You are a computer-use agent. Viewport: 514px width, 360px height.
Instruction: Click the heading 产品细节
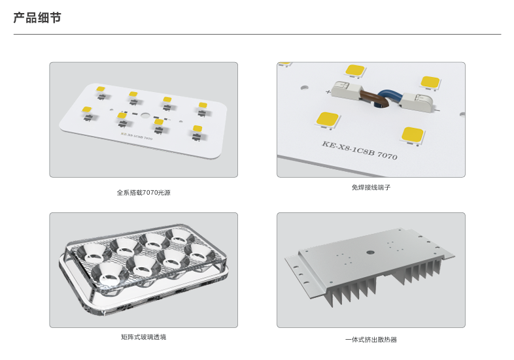37,18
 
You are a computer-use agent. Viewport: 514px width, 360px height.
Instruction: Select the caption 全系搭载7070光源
144,193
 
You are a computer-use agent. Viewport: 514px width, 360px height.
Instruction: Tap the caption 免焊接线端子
371,188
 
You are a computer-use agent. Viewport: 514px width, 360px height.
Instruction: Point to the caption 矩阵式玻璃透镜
144,337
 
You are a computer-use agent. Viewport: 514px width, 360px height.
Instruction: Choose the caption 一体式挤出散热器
371,340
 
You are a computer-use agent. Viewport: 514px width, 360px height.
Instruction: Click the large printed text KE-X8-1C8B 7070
359,152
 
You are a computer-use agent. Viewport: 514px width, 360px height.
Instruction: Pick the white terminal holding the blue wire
416,99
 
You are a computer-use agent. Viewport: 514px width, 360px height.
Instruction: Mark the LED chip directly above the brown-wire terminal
355,69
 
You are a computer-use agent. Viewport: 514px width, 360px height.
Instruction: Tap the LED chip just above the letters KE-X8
327,119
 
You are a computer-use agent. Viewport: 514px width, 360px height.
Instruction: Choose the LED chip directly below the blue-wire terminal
413,135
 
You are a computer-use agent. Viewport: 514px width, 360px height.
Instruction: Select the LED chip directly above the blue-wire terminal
430,82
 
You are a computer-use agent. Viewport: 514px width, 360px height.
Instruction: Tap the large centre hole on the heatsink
370,250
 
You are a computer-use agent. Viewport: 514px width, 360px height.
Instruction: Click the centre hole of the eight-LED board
144,113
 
